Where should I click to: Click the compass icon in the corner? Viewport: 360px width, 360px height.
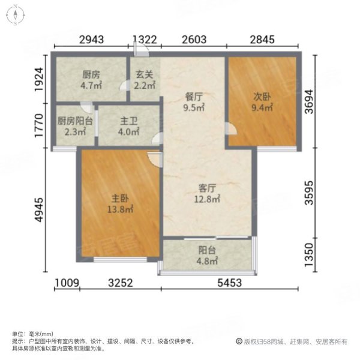14,15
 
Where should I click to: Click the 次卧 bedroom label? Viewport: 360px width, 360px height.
261,95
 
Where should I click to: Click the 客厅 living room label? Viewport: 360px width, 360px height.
208,187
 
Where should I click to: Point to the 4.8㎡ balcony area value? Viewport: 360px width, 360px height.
208,262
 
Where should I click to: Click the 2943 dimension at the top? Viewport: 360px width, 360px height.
92,40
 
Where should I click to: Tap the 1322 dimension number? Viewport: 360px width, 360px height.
145,40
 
